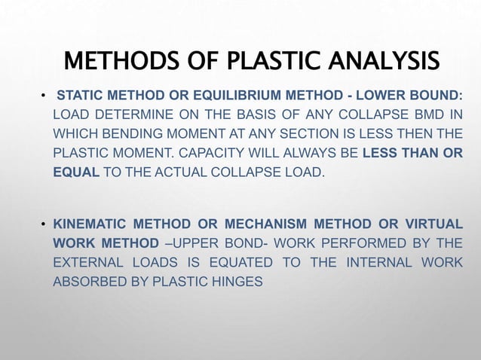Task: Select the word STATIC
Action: [79, 96]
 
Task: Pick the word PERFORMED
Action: [349, 244]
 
